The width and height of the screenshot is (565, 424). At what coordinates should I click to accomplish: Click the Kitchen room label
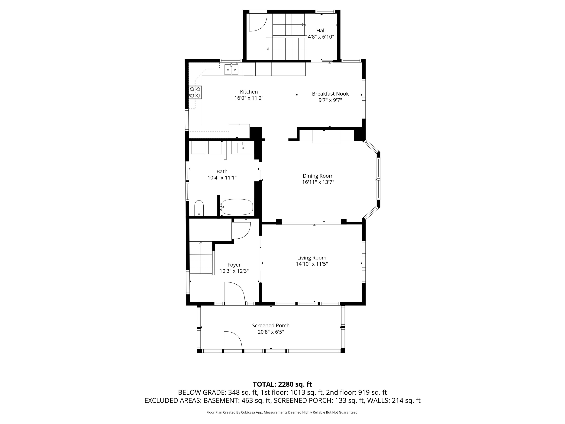(249, 92)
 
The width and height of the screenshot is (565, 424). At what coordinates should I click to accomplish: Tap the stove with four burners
(195, 93)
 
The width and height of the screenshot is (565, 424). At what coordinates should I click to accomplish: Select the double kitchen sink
(231, 70)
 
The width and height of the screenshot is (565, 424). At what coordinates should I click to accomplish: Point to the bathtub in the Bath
(237, 207)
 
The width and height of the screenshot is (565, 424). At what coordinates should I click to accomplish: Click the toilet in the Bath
(199, 208)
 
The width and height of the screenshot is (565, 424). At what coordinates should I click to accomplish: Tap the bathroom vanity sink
(243, 148)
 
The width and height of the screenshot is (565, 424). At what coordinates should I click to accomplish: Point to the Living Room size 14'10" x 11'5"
(312, 264)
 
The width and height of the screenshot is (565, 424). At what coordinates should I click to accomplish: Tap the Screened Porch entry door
(232, 341)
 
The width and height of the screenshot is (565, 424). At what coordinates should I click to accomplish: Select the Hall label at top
(321, 30)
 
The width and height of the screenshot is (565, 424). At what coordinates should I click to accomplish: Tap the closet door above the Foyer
(242, 230)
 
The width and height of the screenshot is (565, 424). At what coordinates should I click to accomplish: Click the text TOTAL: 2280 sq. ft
(282, 384)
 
